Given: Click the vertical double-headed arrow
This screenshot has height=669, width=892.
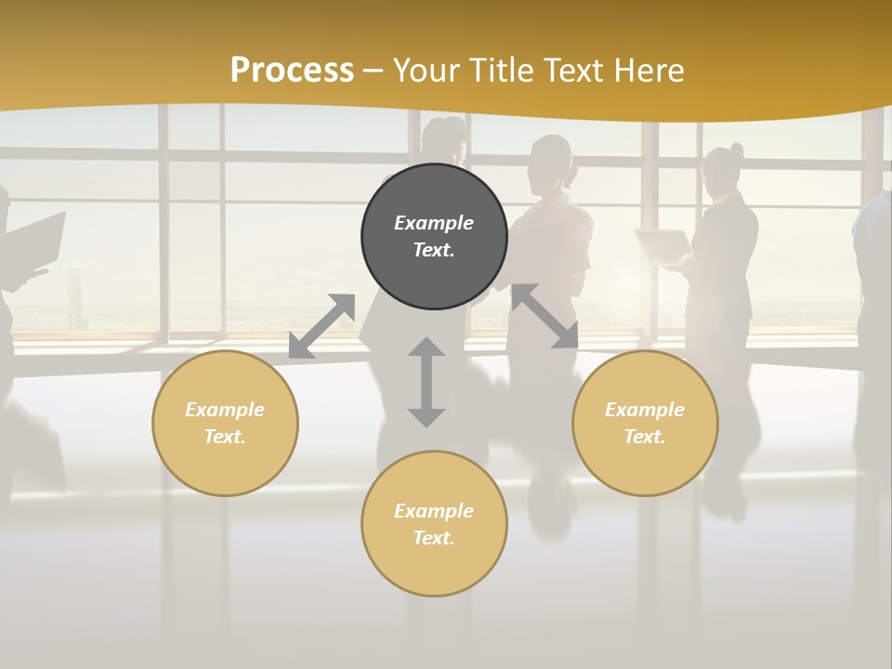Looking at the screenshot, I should click(x=426, y=382).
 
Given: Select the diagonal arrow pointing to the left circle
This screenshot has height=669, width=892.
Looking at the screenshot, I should click(x=322, y=326).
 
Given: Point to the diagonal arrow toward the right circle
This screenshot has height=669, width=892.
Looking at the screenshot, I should click(x=544, y=316).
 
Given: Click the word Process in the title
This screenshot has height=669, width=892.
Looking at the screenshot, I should click(x=292, y=70).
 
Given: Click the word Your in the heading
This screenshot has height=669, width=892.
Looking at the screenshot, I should click(x=425, y=70).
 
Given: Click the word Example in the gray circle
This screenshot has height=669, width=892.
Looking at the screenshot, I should click(x=434, y=223).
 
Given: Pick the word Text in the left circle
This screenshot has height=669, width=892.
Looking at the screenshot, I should click(x=225, y=437).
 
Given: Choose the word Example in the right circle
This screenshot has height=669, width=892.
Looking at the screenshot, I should click(x=645, y=410).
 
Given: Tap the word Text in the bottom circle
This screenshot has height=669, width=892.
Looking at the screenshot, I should click(x=434, y=538).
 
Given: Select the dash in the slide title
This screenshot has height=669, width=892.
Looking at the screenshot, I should click(x=374, y=70).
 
